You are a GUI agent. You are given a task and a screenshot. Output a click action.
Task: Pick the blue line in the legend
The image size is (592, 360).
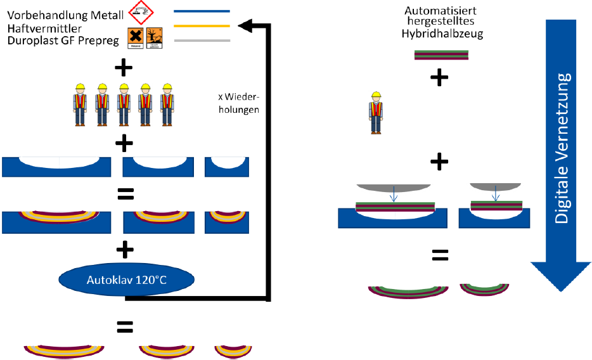[x=201, y=11]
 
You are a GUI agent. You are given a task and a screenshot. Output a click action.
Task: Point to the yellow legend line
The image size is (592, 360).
[x=201, y=25]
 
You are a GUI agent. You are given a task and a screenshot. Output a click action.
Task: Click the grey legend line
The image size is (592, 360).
[x=201, y=40]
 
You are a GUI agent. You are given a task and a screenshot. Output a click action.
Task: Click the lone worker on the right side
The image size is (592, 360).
[x=376, y=112]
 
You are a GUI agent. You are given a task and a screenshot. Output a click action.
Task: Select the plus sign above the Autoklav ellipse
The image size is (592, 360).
[x=124, y=249]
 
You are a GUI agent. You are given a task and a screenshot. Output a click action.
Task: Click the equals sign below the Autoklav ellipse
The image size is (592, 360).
[x=124, y=327]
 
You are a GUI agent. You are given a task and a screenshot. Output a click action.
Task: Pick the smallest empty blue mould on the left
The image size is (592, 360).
[x=227, y=166]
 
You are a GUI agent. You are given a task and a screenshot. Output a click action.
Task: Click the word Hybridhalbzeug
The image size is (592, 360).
[x=442, y=34]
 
